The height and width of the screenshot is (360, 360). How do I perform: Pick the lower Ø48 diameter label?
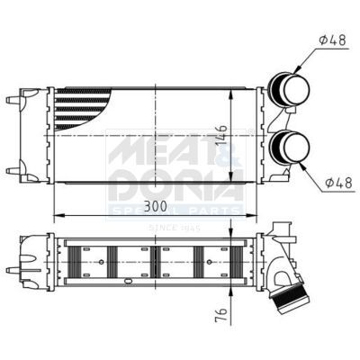337,183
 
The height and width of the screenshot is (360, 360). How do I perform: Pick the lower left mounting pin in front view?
13,169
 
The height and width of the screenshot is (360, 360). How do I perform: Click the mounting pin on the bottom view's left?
13,269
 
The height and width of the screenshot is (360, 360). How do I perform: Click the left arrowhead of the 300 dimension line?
58,216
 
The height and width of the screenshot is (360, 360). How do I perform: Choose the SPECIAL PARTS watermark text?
175,211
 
